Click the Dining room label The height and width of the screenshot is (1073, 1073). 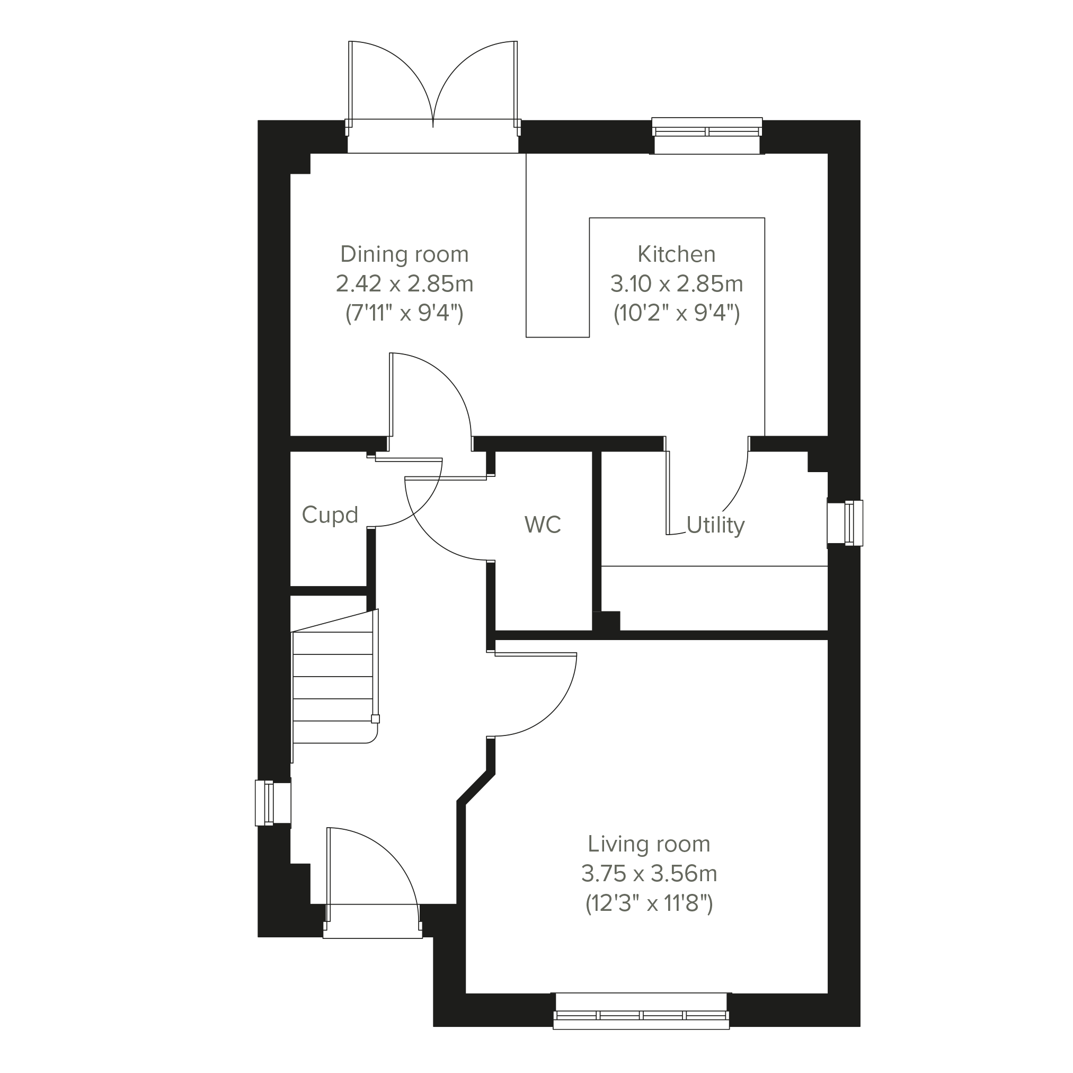tap(404, 254)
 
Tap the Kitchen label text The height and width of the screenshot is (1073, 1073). tap(677, 254)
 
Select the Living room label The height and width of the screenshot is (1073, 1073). tap(649, 844)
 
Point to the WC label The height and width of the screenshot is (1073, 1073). tap(543, 524)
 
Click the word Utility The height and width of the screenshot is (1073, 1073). tap(715, 525)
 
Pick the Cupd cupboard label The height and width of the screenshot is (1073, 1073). tap(330, 515)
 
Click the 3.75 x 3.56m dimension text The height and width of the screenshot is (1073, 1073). tap(649, 874)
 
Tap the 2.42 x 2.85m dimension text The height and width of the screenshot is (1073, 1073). tap(404, 284)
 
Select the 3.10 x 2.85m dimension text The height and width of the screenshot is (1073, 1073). tap(677, 284)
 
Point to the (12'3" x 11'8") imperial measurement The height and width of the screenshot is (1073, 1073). tap(649, 903)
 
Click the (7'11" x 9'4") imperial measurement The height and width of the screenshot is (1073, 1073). tap(404, 314)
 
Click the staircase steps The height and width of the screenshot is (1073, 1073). tap(333, 687)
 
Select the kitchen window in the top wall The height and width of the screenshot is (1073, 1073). tap(707, 136)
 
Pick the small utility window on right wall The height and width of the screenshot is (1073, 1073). tap(845, 522)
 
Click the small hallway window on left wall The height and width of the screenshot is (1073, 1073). tap(273, 803)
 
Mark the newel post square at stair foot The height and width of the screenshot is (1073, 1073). tap(376, 719)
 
